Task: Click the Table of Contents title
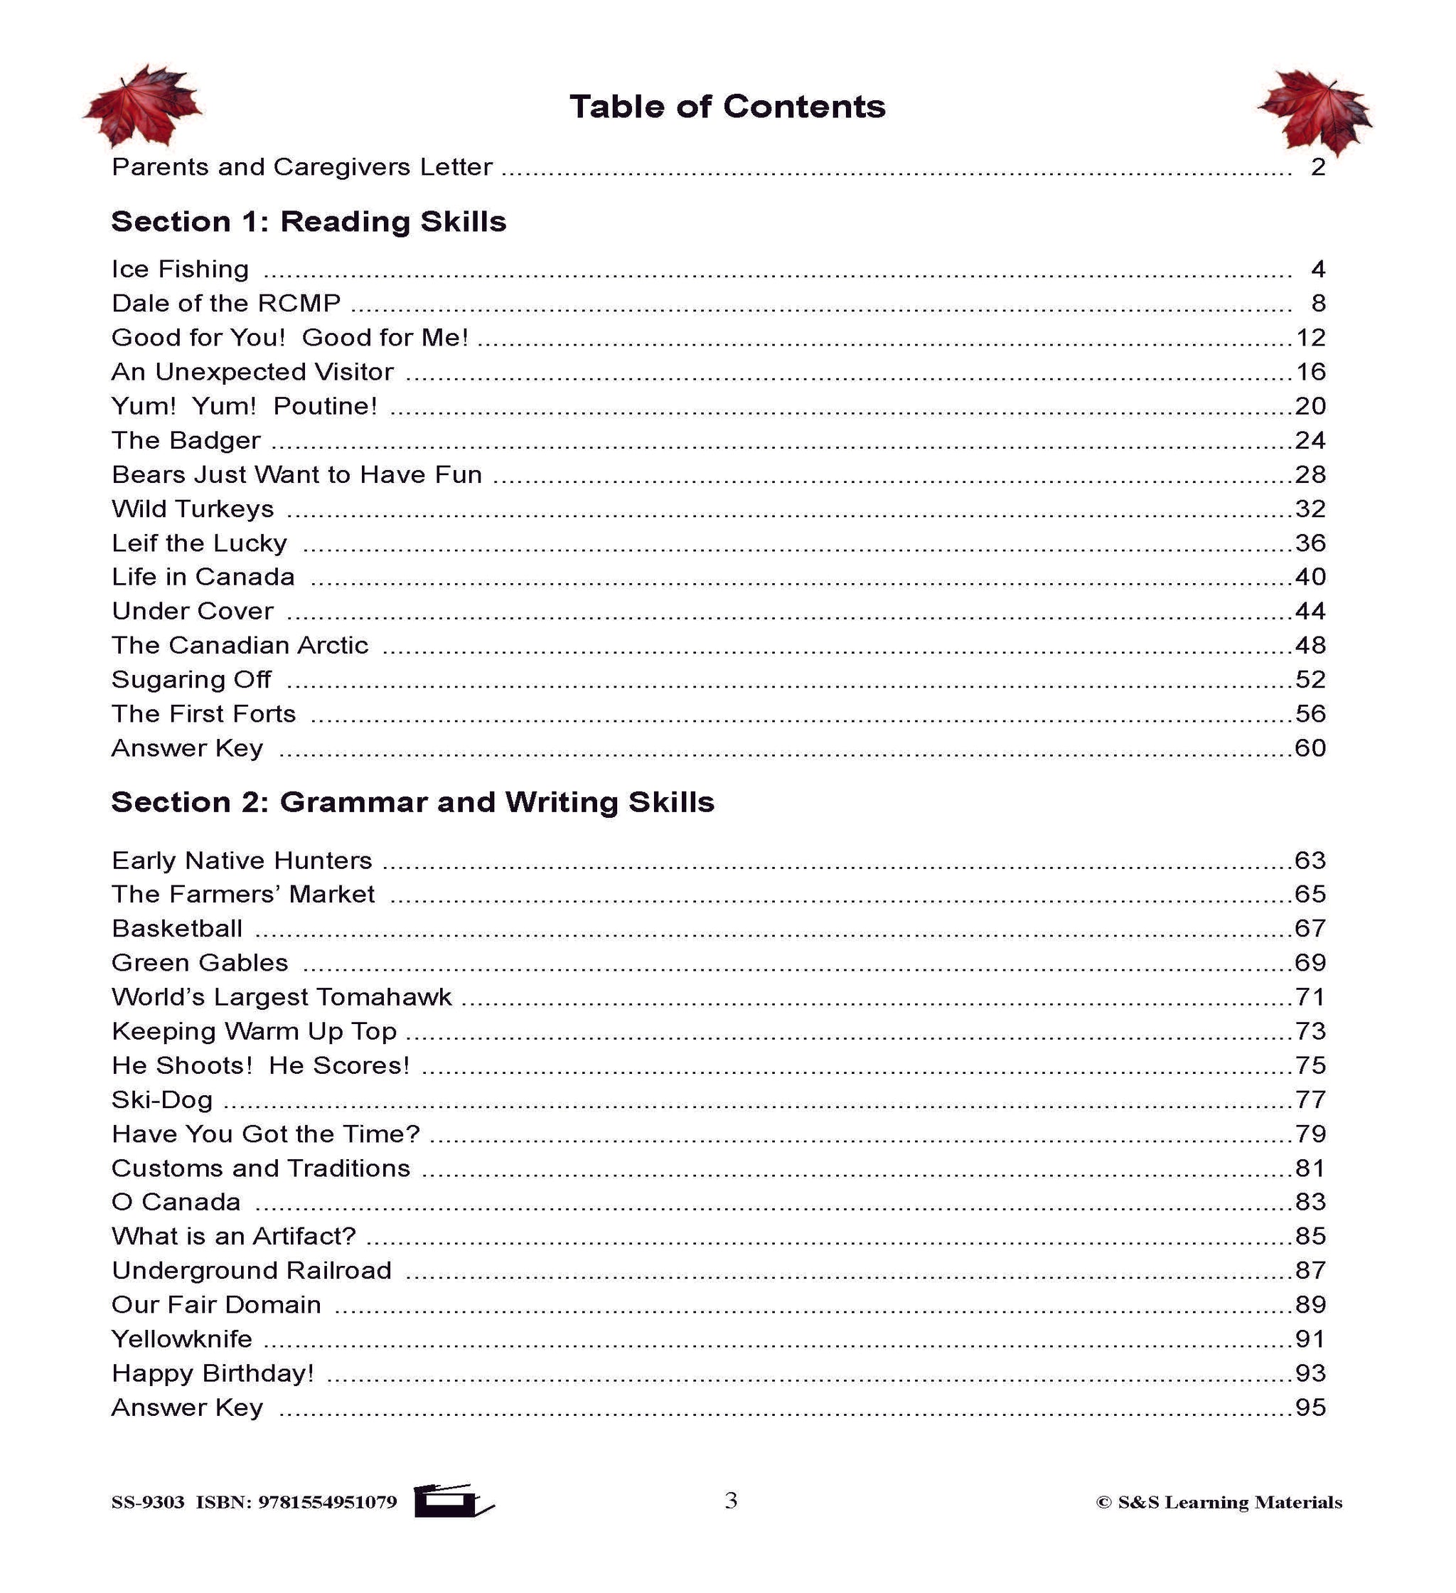pos(727,107)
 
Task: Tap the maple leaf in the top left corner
pos(143,107)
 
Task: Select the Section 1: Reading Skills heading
pos(308,222)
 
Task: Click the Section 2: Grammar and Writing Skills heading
pos(412,802)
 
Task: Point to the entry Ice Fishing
pos(180,270)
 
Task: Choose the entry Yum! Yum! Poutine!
pos(244,406)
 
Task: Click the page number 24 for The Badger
pos(1309,440)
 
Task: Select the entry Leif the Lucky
pos(199,543)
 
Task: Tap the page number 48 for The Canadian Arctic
pos(1309,646)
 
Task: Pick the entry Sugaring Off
pos(191,680)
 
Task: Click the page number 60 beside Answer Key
pos(1309,748)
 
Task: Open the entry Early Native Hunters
pos(242,861)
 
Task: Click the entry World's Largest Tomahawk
pos(282,997)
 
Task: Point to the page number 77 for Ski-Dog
pos(1309,1100)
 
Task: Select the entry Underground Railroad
pos(251,1271)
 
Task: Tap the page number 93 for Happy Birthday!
pos(1309,1373)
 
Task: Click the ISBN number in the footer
pos(296,1502)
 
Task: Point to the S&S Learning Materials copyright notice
pos(1219,1502)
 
